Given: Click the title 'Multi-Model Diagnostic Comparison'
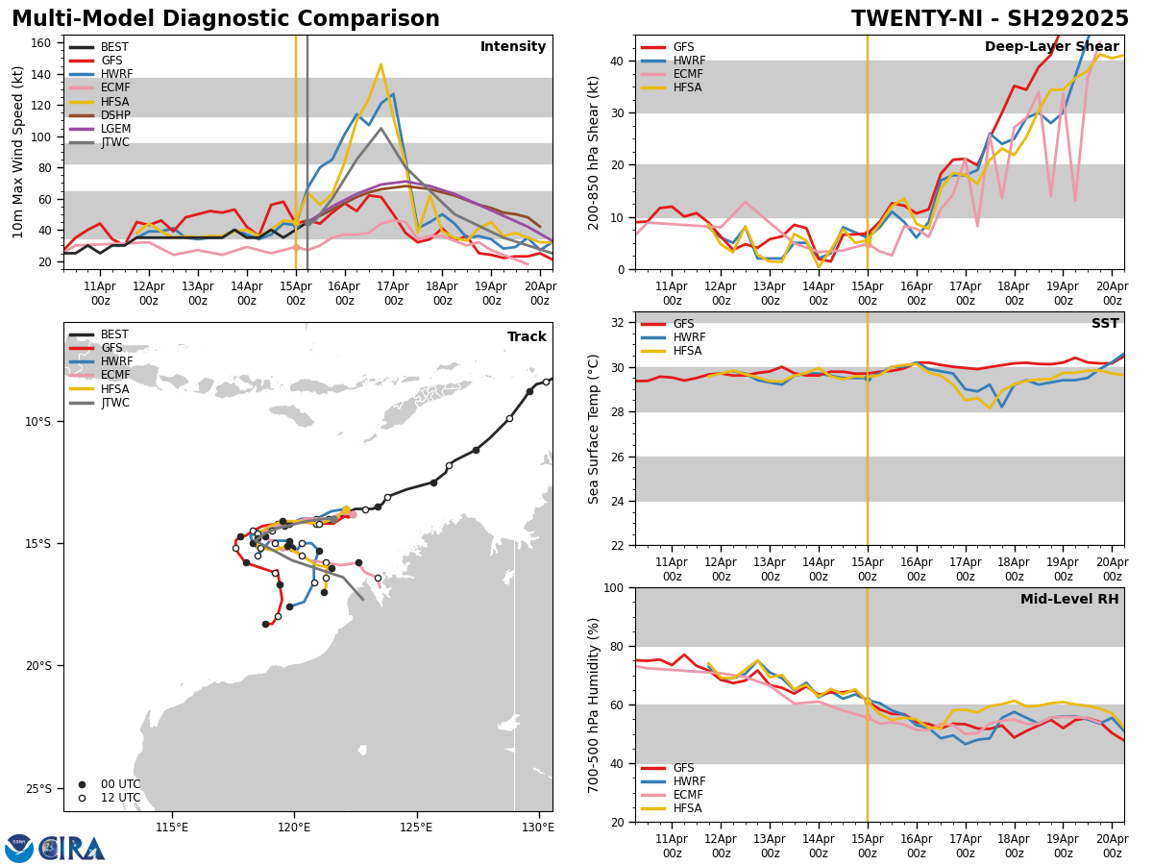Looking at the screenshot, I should [x=226, y=19].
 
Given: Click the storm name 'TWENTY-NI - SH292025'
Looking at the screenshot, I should [x=990, y=19].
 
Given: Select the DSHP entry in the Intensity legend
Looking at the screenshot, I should [x=115, y=115].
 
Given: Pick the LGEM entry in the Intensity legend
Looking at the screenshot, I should [x=115, y=129].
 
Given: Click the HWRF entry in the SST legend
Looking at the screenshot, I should [x=689, y=337].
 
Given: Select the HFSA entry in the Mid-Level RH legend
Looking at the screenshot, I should [x=689, y=808].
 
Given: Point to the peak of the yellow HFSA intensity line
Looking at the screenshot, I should [x=380, y=64].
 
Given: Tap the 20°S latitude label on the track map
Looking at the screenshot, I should [x=37, y=666].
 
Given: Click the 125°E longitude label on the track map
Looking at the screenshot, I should [x=416, y=827].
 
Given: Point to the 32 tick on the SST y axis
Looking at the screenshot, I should [x=619, y=323].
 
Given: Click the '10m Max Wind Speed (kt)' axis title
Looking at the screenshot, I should [x=17, y=152].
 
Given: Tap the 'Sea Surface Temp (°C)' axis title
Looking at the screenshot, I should [x=594, y=429].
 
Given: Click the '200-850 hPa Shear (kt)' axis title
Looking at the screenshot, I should [x=594, y=152].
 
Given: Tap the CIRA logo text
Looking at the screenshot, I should [x=72, y=848].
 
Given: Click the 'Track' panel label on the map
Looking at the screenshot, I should [x=527, y=336].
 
